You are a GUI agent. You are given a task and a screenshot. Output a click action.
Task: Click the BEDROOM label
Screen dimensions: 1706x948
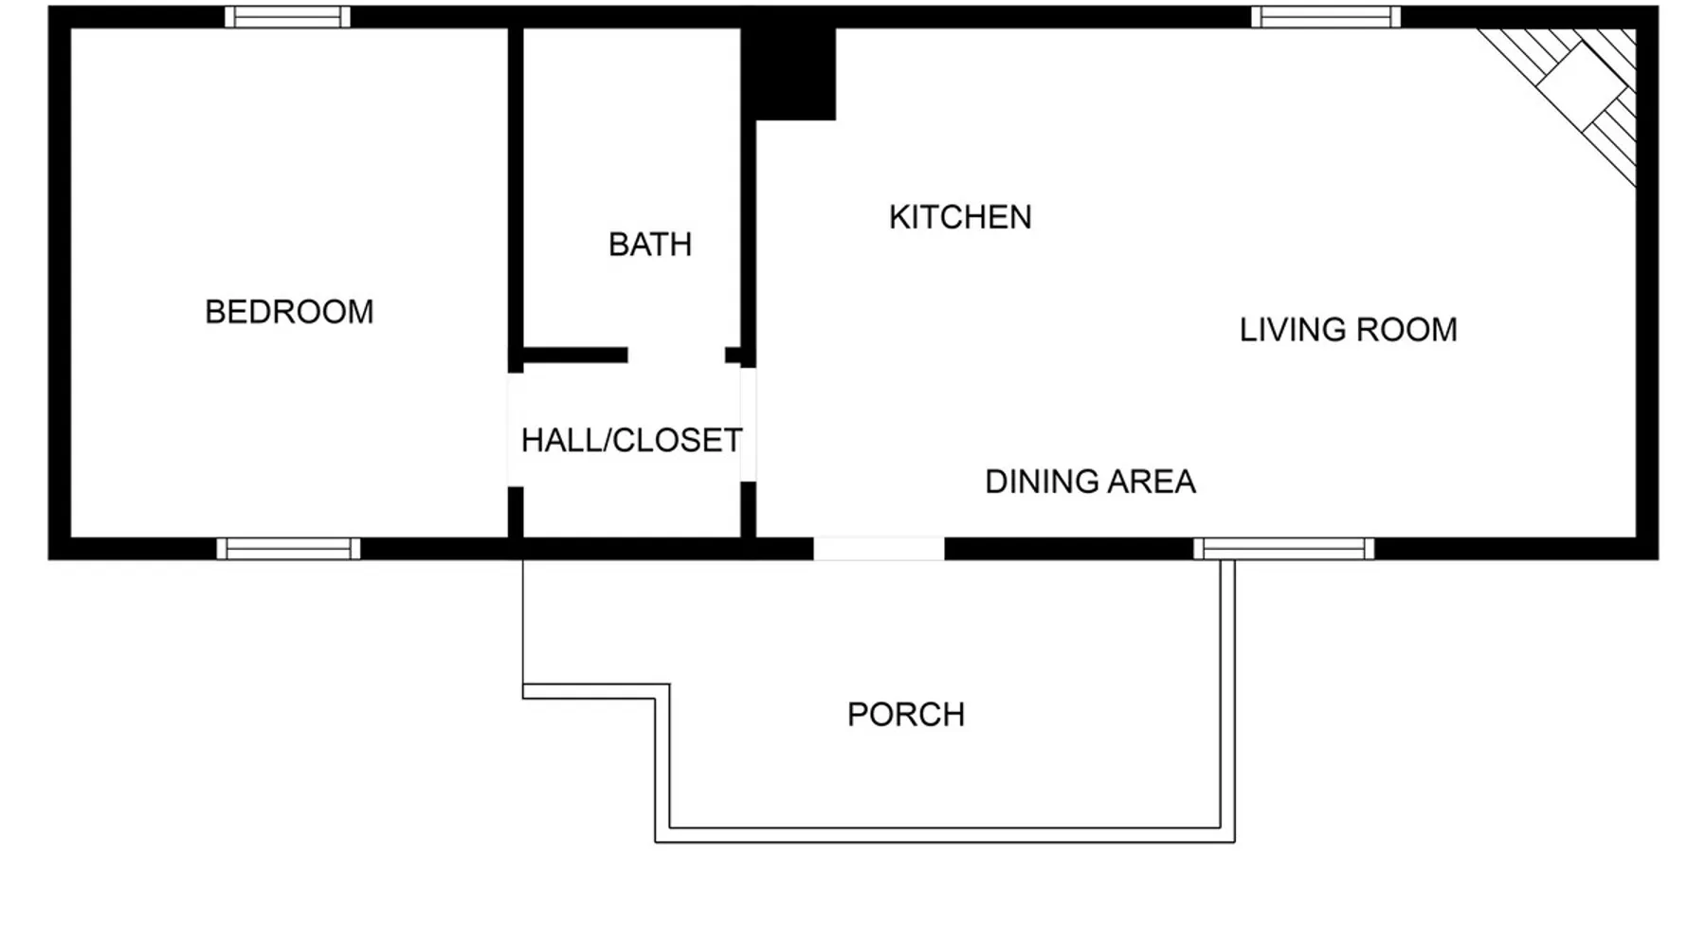pyautogui.click(x=289, y=312)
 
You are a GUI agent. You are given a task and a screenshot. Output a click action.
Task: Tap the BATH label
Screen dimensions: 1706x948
pyautogui.click(x=650, y=245)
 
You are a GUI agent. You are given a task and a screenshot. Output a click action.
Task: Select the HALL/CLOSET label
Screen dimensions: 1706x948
pyautogui.click(x=631, y=440)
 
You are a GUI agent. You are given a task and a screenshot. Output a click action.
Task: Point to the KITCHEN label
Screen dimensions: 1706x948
pyautogui.click(x=960, y=217)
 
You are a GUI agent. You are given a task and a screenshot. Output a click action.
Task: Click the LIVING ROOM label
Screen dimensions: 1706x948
pyautogui.click(x=1348, y=330)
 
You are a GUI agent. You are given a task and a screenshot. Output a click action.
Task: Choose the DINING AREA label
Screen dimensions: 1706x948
pyautogui.click(x=1090, y=482)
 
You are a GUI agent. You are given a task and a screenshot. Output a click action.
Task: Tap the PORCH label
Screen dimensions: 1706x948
pyautogui.click(x=906, y=715)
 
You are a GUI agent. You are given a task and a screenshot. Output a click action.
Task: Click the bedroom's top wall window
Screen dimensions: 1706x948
pyautogui.click(x=288, y=17)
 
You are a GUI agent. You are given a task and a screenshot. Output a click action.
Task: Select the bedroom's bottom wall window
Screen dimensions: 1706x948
pyautogui.click(x=288, y=549)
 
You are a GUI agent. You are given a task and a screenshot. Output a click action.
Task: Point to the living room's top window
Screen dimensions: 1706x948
pyautogui.click(x=1326, y=17)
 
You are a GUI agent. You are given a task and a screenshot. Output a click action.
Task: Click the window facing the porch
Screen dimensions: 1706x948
pyautogui.click(x=1283, y=549)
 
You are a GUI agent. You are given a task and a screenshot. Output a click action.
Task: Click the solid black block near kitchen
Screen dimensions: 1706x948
pyautogui.click(x=789, y=74)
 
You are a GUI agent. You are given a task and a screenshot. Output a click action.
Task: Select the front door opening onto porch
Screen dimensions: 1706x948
pyautogui.click(x=879, y=549)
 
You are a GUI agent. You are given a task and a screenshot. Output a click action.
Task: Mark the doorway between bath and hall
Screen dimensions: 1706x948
pyautogui.click(x=677, y=355)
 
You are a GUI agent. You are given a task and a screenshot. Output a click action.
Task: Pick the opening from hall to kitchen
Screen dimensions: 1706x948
pyautogui.click(x=748, y=425)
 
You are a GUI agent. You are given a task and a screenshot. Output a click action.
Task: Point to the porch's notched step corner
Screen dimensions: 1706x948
pyautogui.click(x=662, y=691)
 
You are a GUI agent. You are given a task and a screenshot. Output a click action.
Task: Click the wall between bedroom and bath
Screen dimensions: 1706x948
pyautogui.click(x=516, y=199)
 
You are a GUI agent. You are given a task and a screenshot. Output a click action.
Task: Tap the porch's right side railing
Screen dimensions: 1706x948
pyautogui.click(x=1227, y=701)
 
